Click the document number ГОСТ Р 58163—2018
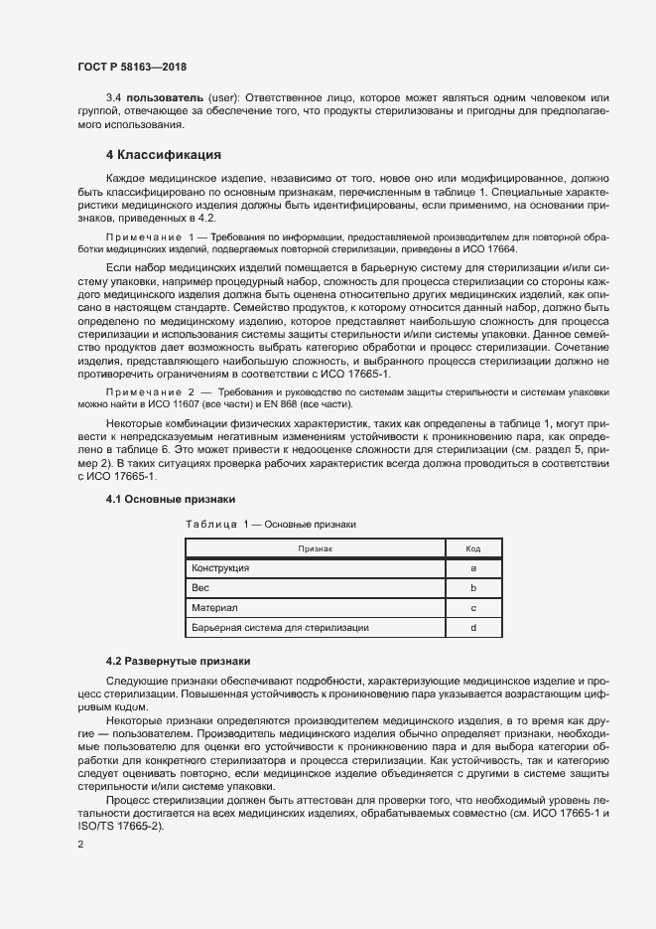click(x=132, y=67)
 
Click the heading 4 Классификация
click(x=163, y=155)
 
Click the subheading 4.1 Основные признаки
click(x=171, y=498)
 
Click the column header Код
click(x=473, y=548)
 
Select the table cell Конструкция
click(x=220, y=568)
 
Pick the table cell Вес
click(x=200, y=588)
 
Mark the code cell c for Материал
click(x=473, y=608)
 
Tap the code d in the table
click(x=473, y=628)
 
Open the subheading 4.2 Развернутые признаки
click(x=179, y=661)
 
